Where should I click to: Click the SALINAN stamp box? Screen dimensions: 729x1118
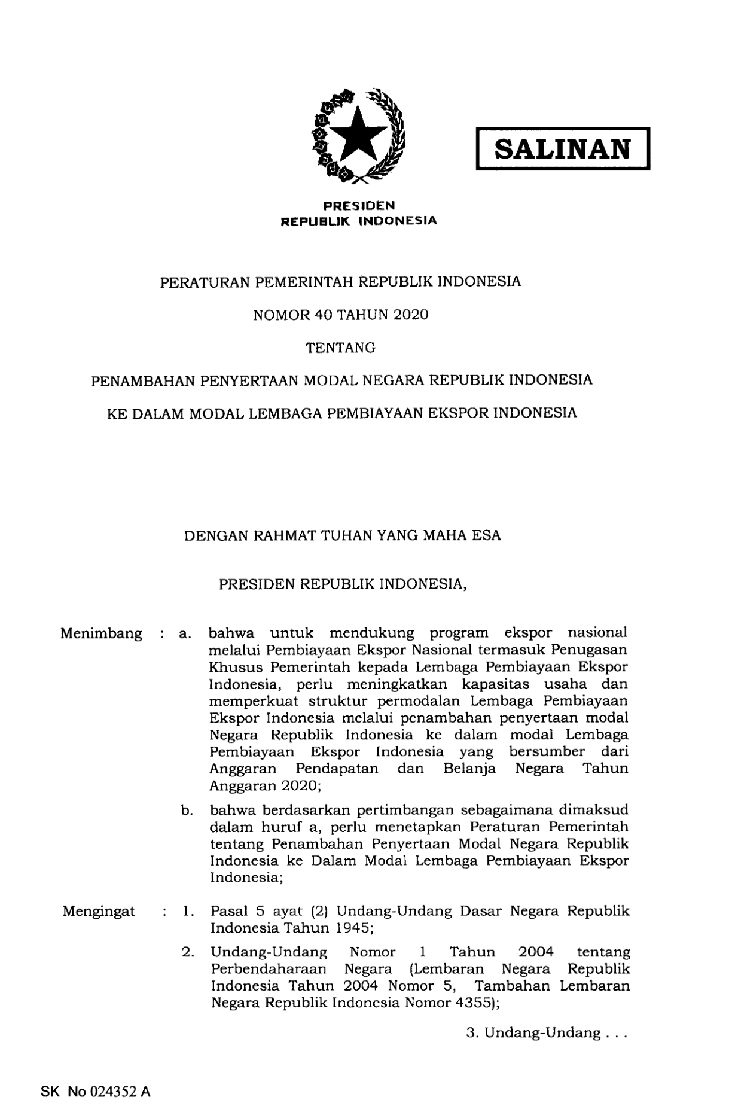pyautogui.click(x=562, y=149)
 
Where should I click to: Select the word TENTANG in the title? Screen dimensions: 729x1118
pyautogui.click(x=341, y=348)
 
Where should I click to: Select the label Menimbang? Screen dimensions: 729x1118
pyautogui.click(x=101, y=633)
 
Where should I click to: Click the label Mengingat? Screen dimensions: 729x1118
pyautogui.click(x=99, y=912)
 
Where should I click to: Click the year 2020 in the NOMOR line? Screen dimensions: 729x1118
pyautogui.click(x=411, y=315)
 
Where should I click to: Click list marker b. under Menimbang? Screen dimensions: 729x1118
pyautogui.click(x=187, y=811)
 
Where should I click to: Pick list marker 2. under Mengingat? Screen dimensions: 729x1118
pyautogui.click(x=188, y=952)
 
